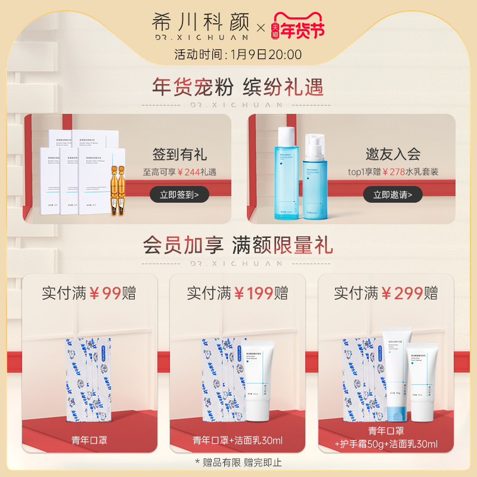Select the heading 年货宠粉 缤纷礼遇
[238, 87]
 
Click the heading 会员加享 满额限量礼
[238, 245]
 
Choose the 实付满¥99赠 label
[89, 293]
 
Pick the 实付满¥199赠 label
[237, 293]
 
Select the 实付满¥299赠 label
[386, 293]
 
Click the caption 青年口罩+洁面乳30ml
[237, 441]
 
